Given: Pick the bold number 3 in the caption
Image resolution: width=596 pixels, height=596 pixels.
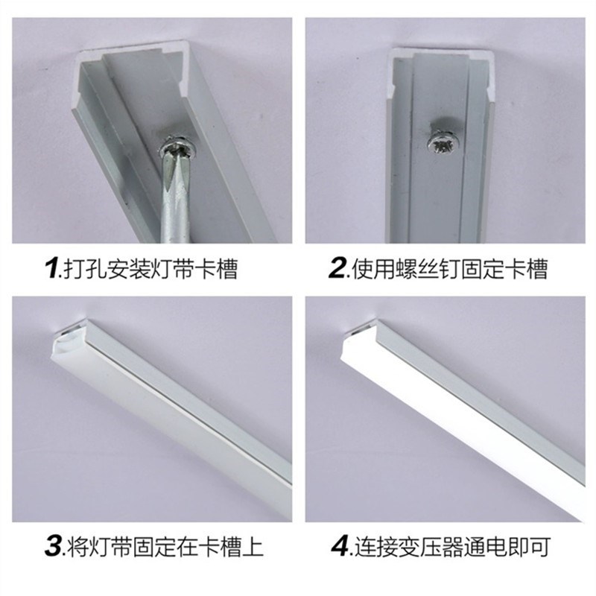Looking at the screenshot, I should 54,548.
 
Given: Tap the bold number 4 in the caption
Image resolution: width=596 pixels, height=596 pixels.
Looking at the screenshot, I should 340,548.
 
